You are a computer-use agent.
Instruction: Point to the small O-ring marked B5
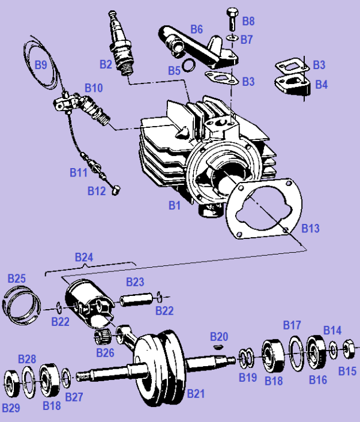pyautogui.click(x=188, y=65)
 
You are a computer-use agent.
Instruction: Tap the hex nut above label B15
pyautogui.click(x=347, y=348)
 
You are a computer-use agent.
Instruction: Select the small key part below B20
pyautogui.click(x=218, y=346)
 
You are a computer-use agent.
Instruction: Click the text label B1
pyautogui.click(x=175, y=205)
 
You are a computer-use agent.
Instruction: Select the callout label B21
pyautogui.click(x=196, y=394)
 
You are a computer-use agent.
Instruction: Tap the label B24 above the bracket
pyautogui.click(x=85, y=257)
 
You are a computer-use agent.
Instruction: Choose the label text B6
pyautogui.click(x=197, y=29)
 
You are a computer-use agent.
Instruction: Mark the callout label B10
pyautogui.click(x=93, y=88)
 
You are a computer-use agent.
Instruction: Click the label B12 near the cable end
pyautogui.click(x=97, y=191)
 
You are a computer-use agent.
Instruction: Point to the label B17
pyautogui.click(x=292, y=325)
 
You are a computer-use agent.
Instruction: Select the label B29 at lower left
pyautogui.click(x=11, y=408)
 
